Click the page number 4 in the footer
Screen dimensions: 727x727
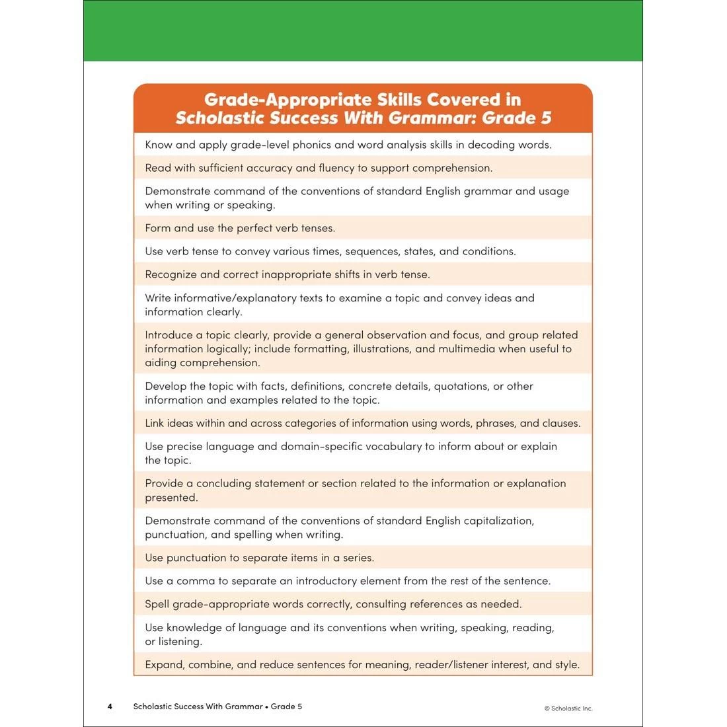point(110,707)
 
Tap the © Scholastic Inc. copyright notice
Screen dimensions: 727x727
point(568,708)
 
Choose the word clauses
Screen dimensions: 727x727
point(560,423)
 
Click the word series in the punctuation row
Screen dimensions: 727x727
point(358,558)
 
